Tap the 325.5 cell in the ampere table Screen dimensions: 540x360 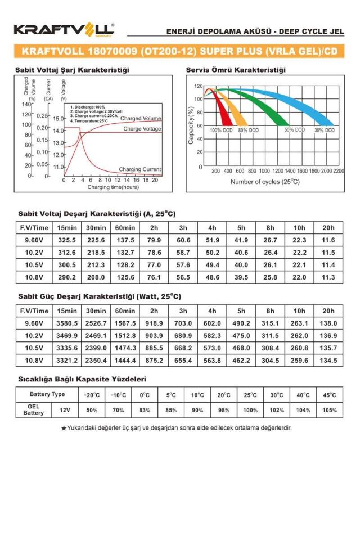point(66,240)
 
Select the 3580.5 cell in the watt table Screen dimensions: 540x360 point(66,323)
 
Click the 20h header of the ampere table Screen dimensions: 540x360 point(328,228)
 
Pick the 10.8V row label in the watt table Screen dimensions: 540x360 point(34,360)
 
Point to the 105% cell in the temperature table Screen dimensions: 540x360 point(330,410)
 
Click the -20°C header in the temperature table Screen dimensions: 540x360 point(91,395)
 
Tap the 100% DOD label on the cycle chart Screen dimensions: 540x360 point(221,130)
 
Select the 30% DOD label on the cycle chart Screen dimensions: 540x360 point(325,130)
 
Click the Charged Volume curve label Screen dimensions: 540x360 point(141,119)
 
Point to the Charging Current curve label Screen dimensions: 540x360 point(140,169)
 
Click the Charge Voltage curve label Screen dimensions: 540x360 point(142,129)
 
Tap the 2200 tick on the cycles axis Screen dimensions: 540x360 point(338,170)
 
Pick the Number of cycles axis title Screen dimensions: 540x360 point(265,182)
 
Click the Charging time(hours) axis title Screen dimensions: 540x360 point(113,187)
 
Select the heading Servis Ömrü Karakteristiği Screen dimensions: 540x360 point(235,70)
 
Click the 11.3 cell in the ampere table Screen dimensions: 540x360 point(328,277)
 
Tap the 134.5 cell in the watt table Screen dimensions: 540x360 point(328,360)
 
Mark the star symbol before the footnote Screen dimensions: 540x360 point(64,428)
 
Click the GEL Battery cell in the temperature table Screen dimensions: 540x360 point(33,410)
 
